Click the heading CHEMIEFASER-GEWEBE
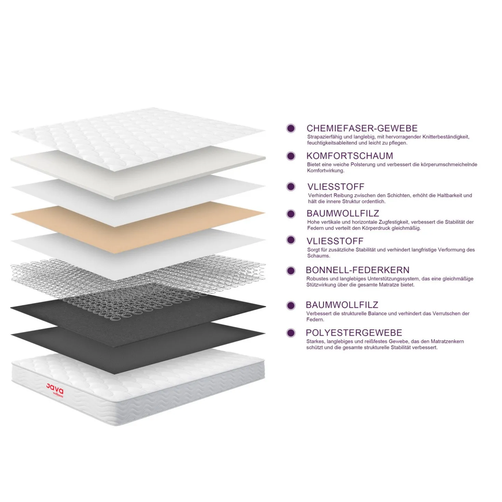point(362,128)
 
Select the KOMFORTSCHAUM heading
point(350,156)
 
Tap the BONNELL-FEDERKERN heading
point(358,270)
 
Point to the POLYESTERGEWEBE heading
point(354,333)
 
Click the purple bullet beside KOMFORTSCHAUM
point(291,156)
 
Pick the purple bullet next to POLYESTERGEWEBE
point(291,333)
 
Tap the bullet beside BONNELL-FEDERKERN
point(291,271)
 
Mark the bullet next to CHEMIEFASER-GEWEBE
point(291,128)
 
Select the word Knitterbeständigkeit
point(446,137)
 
